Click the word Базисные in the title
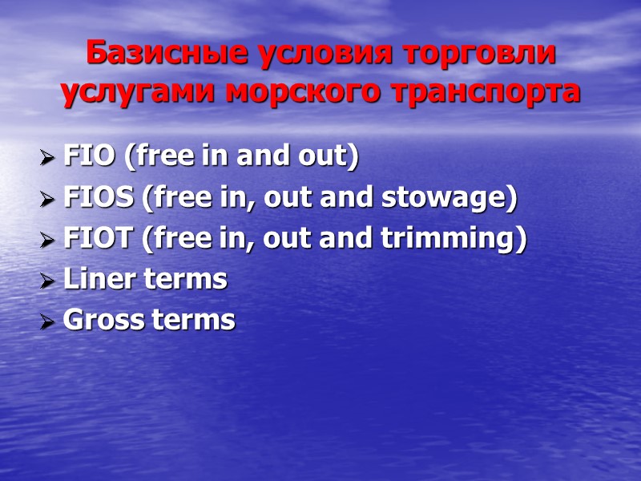(x=147, y=55)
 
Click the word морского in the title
(x=304, y=92)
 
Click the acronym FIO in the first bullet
(x=89, y=157)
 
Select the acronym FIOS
(x=99, y=198)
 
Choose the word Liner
(x=96, y=280)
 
